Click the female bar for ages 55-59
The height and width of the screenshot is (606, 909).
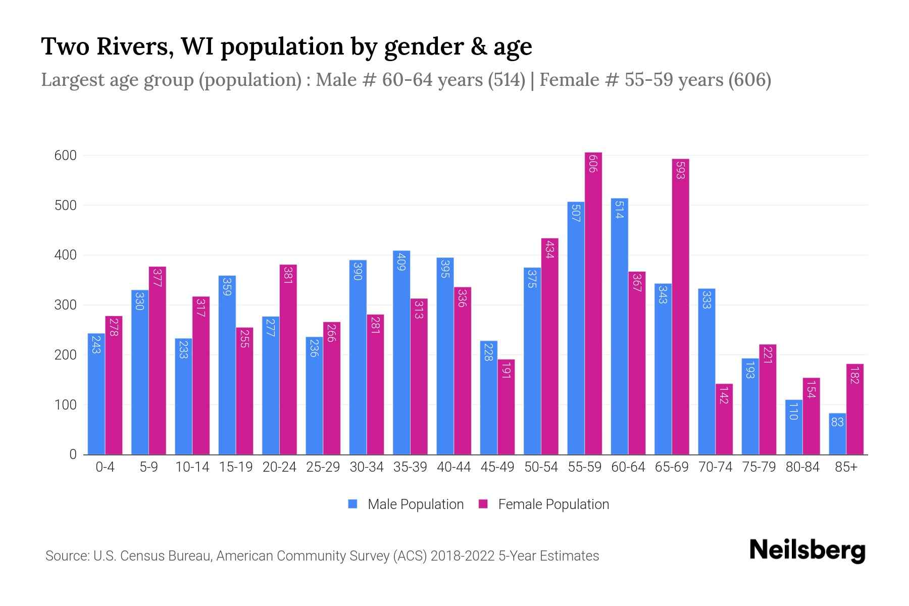tap(593, 303)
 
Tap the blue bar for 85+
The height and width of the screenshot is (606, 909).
tap(837, 434)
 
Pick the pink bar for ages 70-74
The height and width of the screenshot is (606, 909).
tap(724, 419)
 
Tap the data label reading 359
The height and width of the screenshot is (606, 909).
tap(227, 286)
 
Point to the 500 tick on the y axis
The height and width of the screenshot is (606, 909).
tap(65, 206)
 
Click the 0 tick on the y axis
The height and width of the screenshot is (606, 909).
tap(73, 454)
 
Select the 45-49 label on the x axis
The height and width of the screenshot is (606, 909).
tap(497, 467)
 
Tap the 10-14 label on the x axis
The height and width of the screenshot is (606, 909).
tap(192, 467)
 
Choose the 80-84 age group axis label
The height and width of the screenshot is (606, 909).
tap(802, 467)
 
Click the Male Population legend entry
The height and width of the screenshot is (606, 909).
tap(415, 504)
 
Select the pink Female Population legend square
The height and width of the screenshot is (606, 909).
tap(483, 504)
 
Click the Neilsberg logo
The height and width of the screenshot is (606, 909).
tap(807, 550)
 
